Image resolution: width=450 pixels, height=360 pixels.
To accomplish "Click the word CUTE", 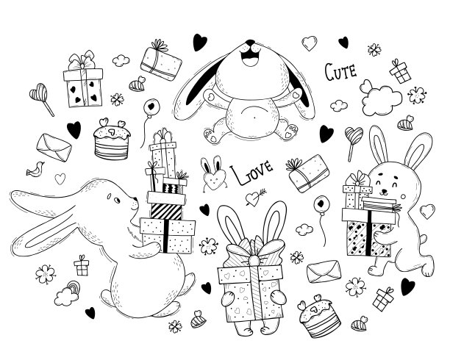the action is tap(340, 72).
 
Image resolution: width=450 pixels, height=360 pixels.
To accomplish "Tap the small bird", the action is tap(35, 169).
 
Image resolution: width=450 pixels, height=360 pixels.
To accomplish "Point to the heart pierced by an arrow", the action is tap(254, 198).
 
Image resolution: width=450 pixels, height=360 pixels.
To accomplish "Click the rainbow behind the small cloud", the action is tap(74, 287).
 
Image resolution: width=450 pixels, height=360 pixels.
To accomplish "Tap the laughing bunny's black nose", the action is tap(251, 43).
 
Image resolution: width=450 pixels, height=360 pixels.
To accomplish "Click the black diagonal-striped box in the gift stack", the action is tap(166, 212).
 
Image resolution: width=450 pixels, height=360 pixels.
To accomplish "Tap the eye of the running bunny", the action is tap(117, 201).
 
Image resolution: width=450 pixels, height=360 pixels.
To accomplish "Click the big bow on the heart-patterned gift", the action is tap(252, 250).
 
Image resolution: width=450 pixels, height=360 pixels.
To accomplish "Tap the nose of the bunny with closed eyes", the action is tap(384, 191).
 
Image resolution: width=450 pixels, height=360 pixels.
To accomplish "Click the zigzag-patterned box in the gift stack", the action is tap(172, 188).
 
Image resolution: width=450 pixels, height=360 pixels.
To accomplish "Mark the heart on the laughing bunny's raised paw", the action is tap(296, 95).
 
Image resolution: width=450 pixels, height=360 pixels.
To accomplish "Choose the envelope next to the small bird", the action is tap(54, 148).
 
